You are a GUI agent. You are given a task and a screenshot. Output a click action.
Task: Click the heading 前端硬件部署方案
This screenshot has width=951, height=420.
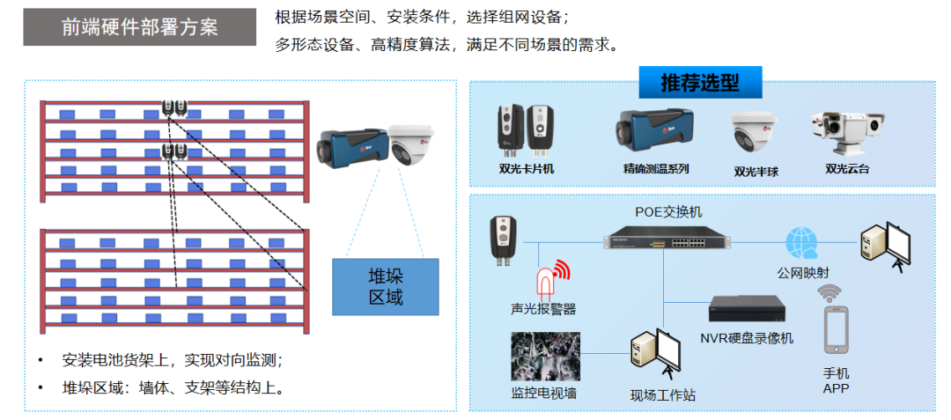click(x=139, y=27)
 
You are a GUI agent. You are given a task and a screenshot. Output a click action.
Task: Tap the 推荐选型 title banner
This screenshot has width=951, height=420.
click(x=700, y=83)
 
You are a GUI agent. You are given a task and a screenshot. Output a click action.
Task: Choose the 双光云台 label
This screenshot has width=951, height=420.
click(x=847, y=168)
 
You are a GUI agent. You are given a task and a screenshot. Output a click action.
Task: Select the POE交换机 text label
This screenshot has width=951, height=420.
click(x=669, y=212)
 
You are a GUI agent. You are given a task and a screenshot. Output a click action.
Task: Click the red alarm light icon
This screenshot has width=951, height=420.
click(x=548, y=281)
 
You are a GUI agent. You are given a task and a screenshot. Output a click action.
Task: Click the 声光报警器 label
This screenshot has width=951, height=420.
click(x=543, y=309)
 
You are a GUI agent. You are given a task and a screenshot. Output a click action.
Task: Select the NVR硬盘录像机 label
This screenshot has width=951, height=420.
click(x=747, y=338)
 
